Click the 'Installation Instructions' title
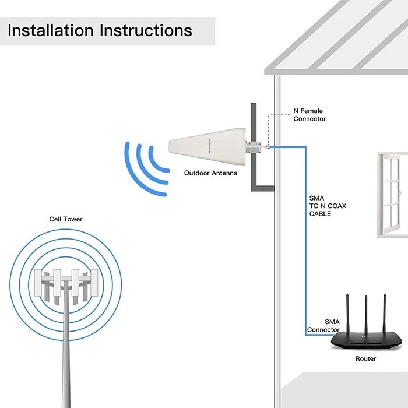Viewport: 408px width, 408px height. (100, 30)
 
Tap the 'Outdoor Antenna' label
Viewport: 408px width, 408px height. (210, 173)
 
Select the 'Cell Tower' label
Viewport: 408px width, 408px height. (65, 219)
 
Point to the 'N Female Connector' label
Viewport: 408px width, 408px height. (309, 115)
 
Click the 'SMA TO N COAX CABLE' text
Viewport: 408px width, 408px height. (321, 206)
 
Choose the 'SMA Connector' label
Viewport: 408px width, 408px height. (323, 326)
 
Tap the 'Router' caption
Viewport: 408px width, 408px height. (365, 359)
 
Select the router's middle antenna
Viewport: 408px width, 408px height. (365, 315)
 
